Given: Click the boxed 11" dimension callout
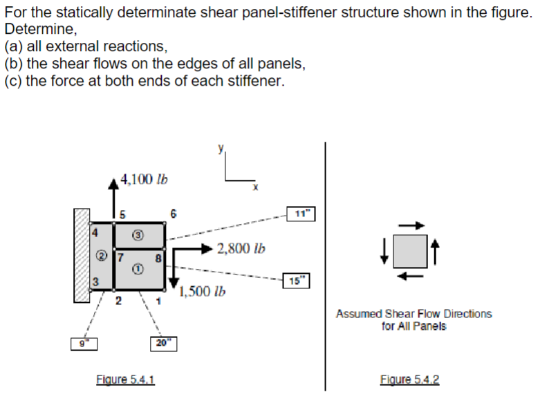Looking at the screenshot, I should pyautogui.click(x=301, y=214).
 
